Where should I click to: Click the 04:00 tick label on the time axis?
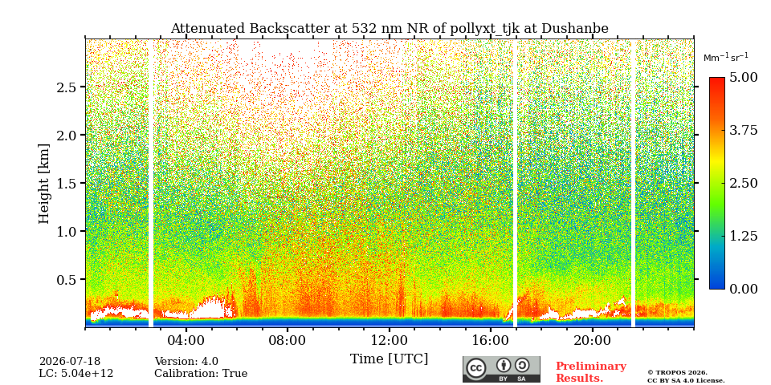[186, 340]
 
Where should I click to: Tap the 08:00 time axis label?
[288, 340]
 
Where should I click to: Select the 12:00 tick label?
[389, 340]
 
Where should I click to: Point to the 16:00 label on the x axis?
[490, 340]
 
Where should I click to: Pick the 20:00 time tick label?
[592, 340]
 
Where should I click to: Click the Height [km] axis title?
[44, 184]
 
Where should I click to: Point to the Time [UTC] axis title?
[389, 359]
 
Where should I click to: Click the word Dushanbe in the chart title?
[575, 29]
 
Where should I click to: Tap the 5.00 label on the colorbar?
[743, 78]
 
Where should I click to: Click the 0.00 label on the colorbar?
[743, 289]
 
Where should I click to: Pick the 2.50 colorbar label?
[743, 183]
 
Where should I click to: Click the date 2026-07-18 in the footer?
[70, 362]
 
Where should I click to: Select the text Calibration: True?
[201, 374]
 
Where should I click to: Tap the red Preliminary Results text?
[591, 372]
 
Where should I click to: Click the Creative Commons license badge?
[501, 369]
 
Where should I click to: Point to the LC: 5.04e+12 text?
[76, 374]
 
